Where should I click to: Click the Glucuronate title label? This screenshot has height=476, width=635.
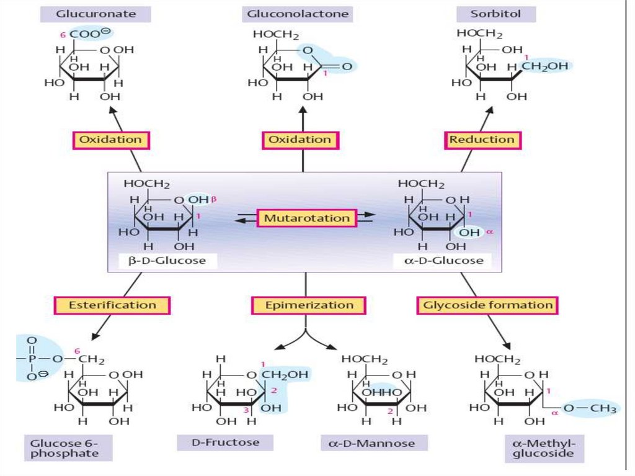(x=95, y=14)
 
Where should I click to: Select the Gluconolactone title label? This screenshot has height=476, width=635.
(x=298, y=14)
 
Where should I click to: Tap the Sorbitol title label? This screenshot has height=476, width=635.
(x=495, y=14)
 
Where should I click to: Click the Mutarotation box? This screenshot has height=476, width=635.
(x=306, y=218)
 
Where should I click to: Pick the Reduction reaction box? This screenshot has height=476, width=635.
(x=482, y=140)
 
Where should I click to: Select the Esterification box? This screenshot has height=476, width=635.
(x=112, y=305)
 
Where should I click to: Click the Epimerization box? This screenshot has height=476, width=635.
(x=309, y=305)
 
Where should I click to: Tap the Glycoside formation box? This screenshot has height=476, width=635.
(x=487, y=305)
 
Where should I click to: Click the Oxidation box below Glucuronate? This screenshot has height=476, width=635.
(x=111, y=140)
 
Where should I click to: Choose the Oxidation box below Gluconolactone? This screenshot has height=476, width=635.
(x=300, y=140)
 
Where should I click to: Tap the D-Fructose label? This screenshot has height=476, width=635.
(x=225, y=442)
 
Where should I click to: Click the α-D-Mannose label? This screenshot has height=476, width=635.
(x=372, y=443)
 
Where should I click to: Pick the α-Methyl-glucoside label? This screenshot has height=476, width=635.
(x=544, y=449)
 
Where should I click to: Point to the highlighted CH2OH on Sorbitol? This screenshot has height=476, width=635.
(x=545, y=66)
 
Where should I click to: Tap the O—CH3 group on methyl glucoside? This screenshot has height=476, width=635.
(x=590, y=408)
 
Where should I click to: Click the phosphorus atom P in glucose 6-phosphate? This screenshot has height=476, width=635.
(x=33, y=359)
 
